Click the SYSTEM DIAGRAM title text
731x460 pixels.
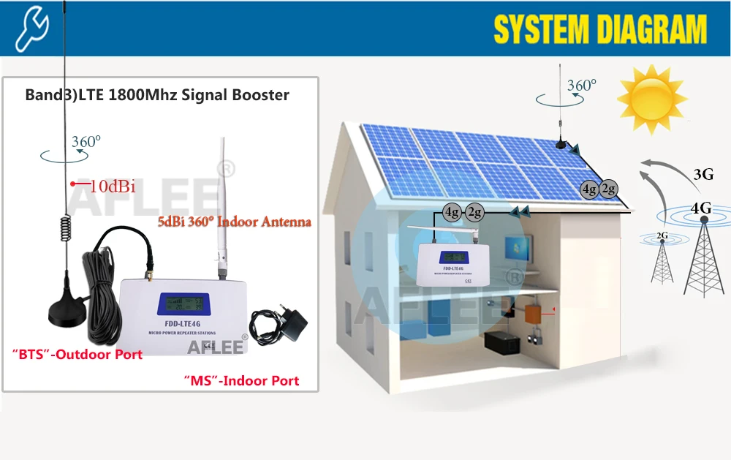coord(600,29)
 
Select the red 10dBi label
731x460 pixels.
coord(112,186)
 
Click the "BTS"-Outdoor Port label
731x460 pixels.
coord(77,355)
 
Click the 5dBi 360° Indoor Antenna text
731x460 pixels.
coord(235,222)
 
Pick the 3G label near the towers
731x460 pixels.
coord(702,174)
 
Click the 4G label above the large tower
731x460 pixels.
coord(701,208)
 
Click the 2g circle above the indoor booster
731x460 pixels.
coord(475,213)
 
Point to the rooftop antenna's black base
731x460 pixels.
coord(563,143)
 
